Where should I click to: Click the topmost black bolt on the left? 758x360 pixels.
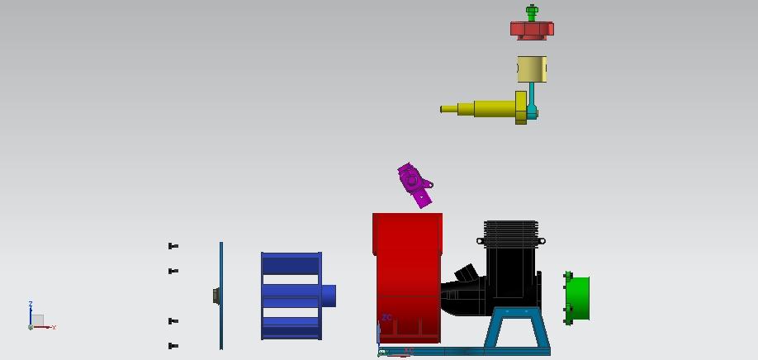coord(173,246)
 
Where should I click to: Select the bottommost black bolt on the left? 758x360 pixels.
coord(173,346)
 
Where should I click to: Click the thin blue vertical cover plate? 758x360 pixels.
coord(221,272)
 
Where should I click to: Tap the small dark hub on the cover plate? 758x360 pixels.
coord(216,296)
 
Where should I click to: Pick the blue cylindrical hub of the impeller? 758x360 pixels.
coord(329,296)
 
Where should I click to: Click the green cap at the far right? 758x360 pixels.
coord(579,298)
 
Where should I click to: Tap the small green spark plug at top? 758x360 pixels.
coord(532,13)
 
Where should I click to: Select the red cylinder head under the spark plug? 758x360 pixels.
coord(532,31)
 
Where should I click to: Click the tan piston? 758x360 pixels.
coord(532,69)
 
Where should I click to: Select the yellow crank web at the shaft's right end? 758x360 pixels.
coord(521,107)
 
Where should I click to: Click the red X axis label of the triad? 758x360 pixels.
coord(54,328)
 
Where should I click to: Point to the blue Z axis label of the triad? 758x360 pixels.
coord(31,305)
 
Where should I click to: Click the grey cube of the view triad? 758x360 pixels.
coord(37,320)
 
